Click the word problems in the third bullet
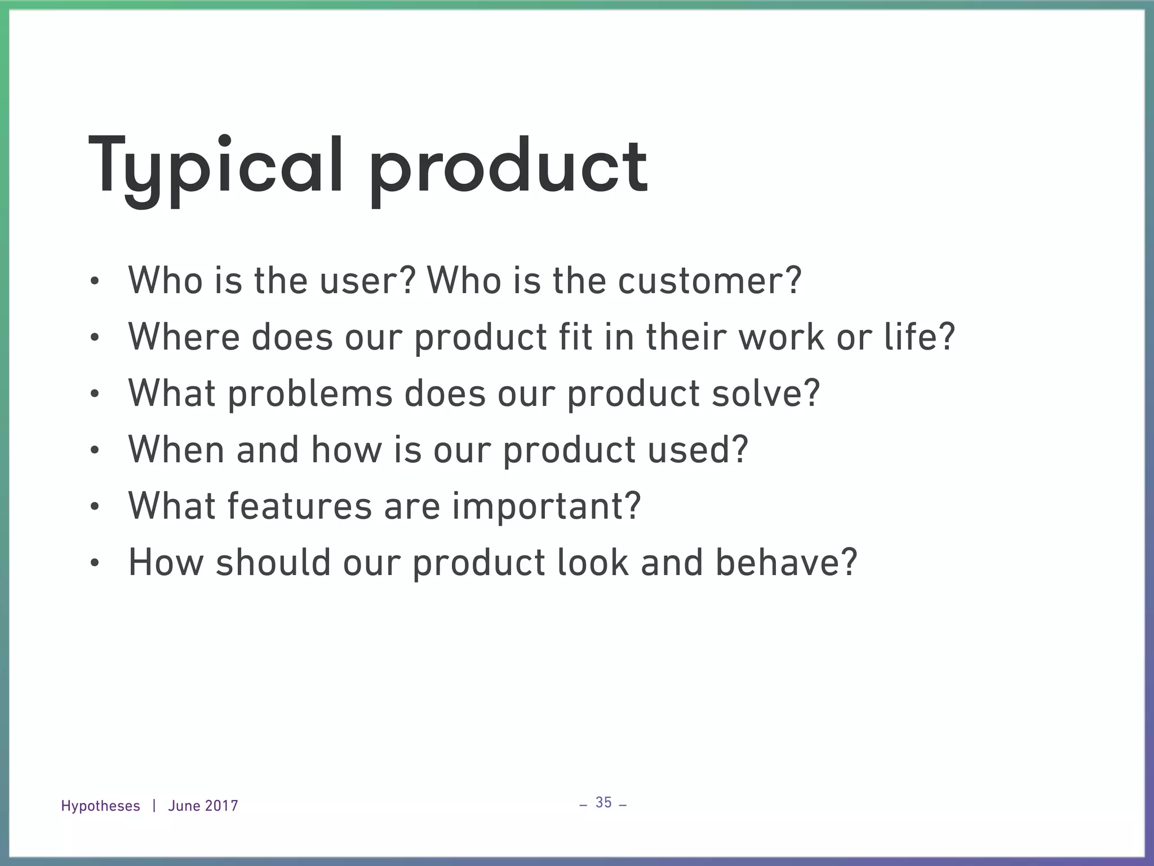click(310, 393)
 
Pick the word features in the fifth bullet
click(299, 506)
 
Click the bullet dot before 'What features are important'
click(94, 507)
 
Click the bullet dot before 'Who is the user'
click(94, 281)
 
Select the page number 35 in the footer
click(603, 802)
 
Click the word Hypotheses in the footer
click(100, 806)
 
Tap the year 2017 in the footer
click(221, 806)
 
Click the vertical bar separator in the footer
click(154, 806)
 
